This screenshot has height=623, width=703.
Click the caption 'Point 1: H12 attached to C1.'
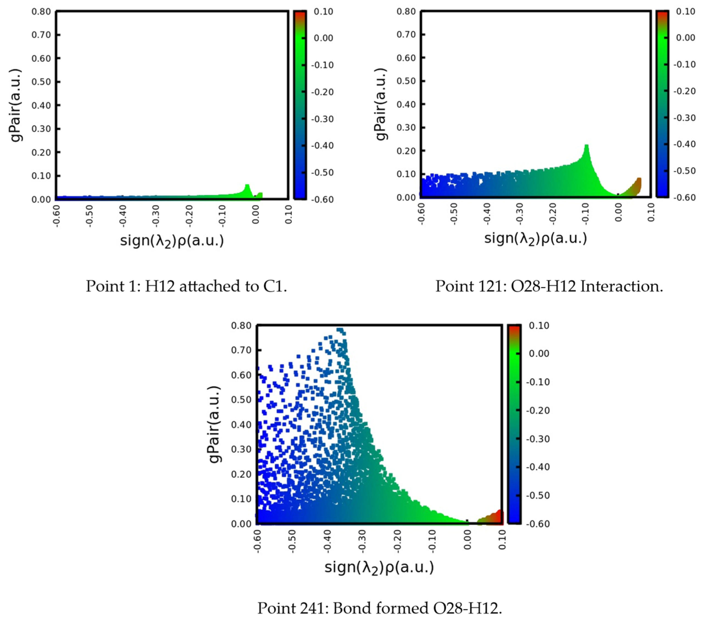186,286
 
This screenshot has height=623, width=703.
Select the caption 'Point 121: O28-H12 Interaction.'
549,286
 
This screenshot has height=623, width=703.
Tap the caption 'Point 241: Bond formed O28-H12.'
380,608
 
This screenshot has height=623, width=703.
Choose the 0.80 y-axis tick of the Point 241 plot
241,325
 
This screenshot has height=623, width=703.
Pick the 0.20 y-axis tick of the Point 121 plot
406,151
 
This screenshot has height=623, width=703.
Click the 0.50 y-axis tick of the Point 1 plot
41,82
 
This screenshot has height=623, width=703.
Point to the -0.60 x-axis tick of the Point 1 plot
56,216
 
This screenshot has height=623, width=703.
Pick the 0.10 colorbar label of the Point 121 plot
685,11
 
